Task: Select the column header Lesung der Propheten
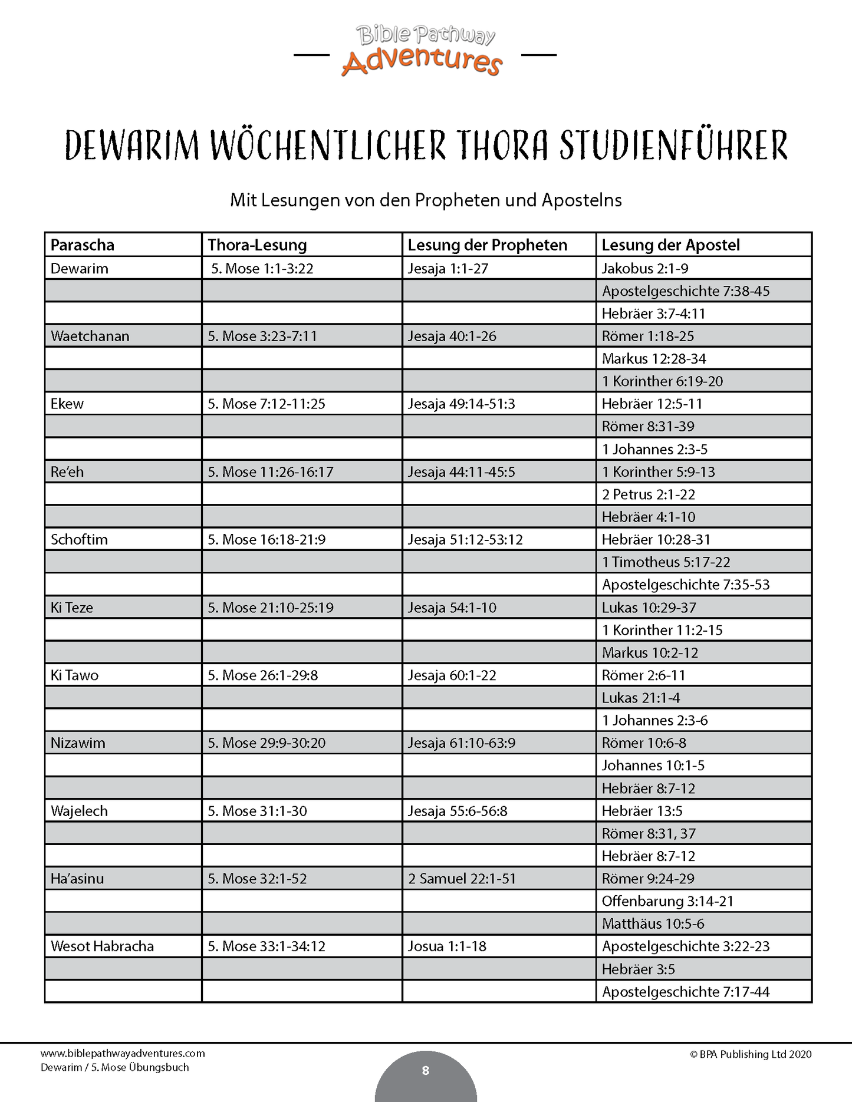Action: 487,245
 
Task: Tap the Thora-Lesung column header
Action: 257,245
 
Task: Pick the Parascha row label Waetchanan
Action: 90,336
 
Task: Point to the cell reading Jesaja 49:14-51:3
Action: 461,404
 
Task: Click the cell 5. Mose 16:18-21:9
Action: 266,540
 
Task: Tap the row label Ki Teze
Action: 72,608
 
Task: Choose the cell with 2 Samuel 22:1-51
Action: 462,879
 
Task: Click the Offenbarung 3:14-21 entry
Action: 667,901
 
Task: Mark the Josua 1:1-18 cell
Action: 447,946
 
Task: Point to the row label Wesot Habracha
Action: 102,946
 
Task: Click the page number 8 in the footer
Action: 426,1071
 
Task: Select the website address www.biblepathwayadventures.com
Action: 123,1054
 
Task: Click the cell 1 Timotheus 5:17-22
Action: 666,562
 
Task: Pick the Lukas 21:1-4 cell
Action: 640,698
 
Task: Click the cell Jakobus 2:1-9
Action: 644,269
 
